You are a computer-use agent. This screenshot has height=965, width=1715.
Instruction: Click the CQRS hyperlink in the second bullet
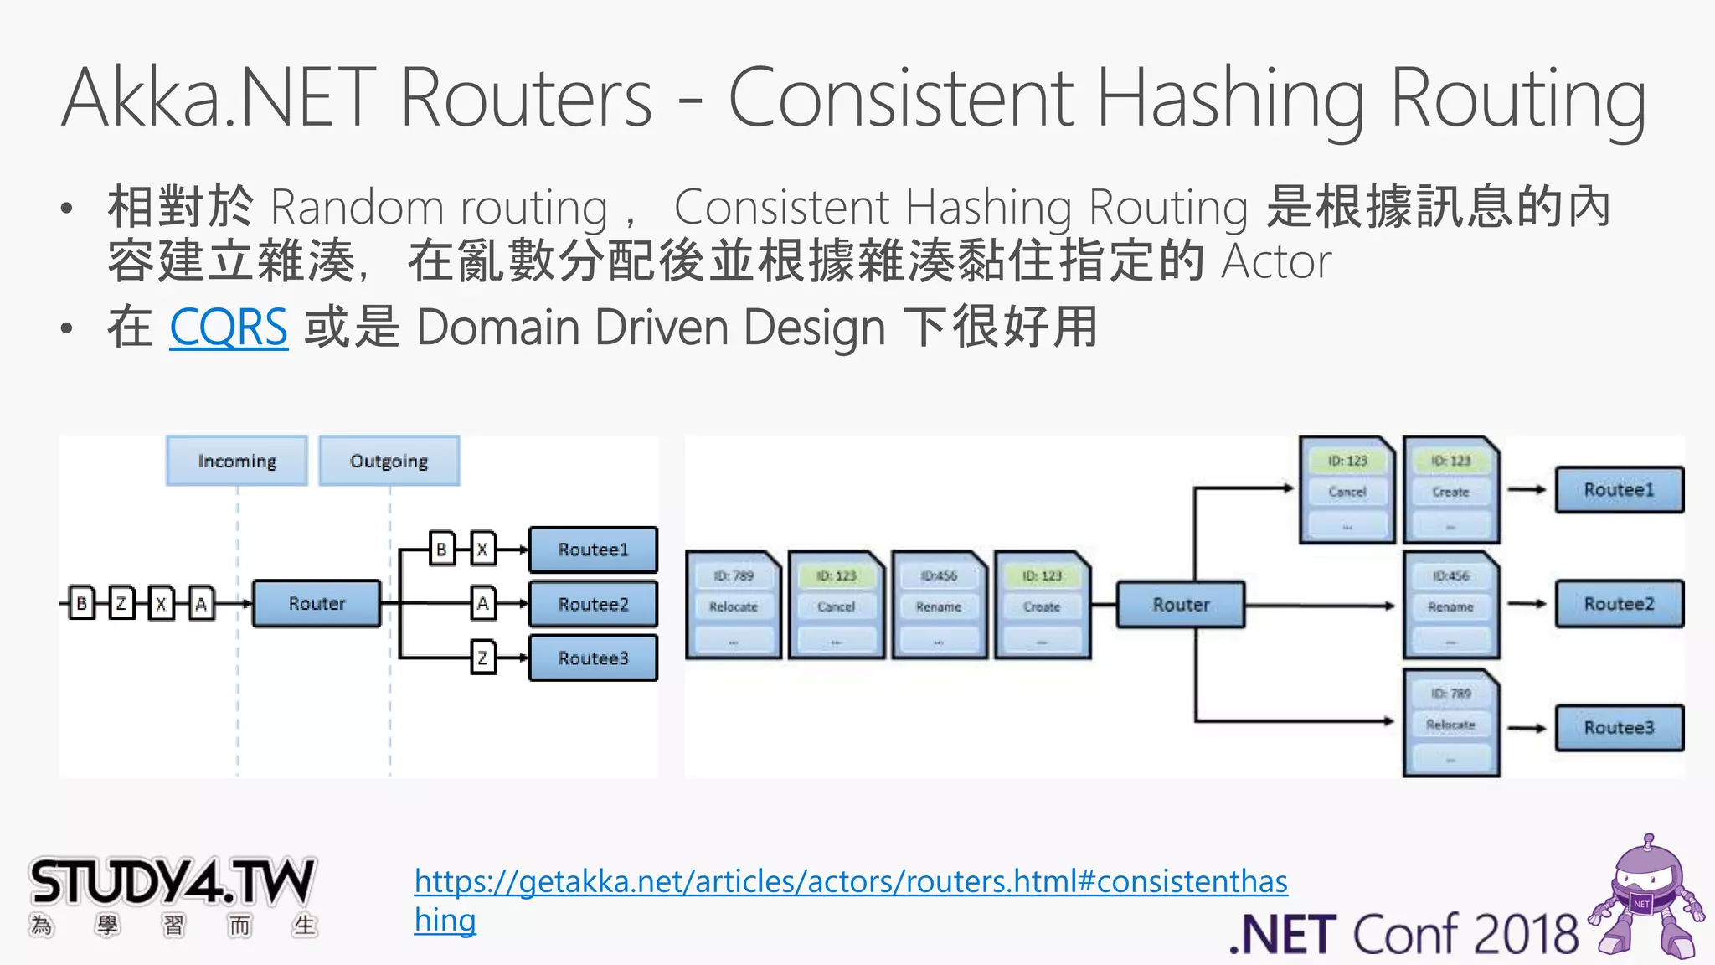click(x=229, y=328)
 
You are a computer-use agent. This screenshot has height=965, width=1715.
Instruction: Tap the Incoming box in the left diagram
click(x=237, y=461)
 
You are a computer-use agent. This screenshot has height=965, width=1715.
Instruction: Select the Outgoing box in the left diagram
click(x=389, y=461)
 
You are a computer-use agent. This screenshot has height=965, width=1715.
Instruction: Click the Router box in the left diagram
click(x=317, y=603)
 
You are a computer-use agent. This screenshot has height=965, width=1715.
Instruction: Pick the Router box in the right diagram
click(x=1181, y=604)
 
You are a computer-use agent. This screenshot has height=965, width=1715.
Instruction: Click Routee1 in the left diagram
click(x=593, y=550)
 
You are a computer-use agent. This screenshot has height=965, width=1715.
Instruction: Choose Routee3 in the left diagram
click(x=593, y=658)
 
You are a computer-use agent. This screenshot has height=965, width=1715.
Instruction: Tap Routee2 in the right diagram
click(x=1619, y=604)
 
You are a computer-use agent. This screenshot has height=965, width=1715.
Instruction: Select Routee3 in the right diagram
click(x=1619, y=727)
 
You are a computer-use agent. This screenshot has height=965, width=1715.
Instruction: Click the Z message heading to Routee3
click(x=482, y=658)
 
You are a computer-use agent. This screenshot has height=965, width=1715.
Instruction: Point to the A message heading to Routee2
click(x=482, y=603)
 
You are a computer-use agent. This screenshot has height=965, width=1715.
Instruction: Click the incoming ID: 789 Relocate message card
click(x=734, y=606)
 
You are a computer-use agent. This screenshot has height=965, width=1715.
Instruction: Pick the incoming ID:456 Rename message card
click(x=939, y=606)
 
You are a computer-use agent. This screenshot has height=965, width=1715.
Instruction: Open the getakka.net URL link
click(x=850, y=882)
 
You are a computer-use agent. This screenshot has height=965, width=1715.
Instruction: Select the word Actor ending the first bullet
click(x=1276, y=261)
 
